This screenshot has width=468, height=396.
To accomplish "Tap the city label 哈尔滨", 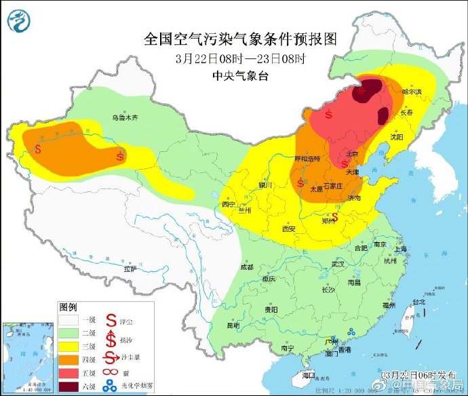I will [x=411, y=91].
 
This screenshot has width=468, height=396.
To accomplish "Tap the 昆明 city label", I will [x=233, y=325].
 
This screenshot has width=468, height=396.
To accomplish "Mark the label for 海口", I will [x=309, y=374].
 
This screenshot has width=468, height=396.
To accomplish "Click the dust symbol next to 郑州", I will [x=334, y=218].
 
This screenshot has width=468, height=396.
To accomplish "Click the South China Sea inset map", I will [x=27, y=357].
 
